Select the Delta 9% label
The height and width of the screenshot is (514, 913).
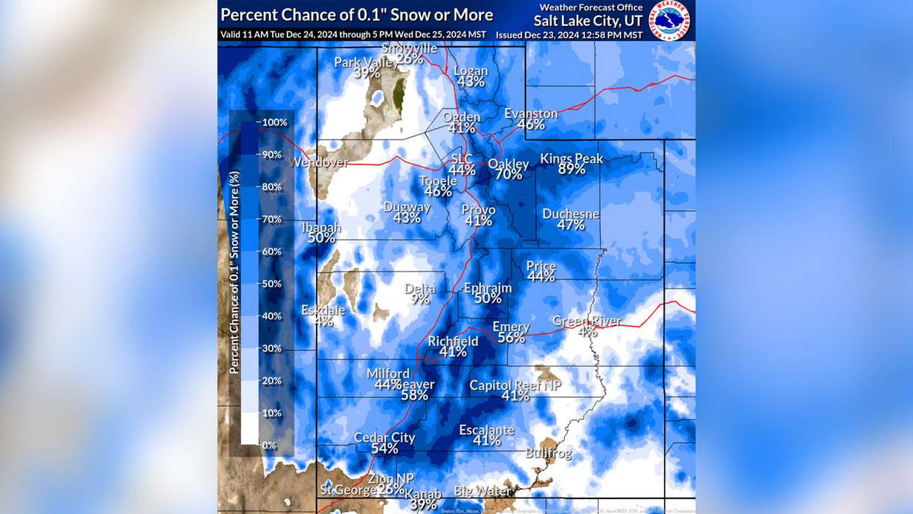420,294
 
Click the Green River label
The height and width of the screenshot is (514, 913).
587,321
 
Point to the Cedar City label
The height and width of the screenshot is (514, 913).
384,438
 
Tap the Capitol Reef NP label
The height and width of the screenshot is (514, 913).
515,385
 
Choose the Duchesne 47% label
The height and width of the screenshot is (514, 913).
570,219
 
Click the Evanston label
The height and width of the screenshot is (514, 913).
531,114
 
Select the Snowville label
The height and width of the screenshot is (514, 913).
410,48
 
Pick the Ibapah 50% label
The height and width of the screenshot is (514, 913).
321,232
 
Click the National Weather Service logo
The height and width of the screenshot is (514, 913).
670,20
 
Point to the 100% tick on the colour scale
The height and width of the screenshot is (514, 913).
274,122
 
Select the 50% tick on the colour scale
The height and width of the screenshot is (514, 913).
271,283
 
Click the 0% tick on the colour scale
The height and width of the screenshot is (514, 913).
269,445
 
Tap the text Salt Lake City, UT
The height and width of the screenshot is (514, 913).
587,20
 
